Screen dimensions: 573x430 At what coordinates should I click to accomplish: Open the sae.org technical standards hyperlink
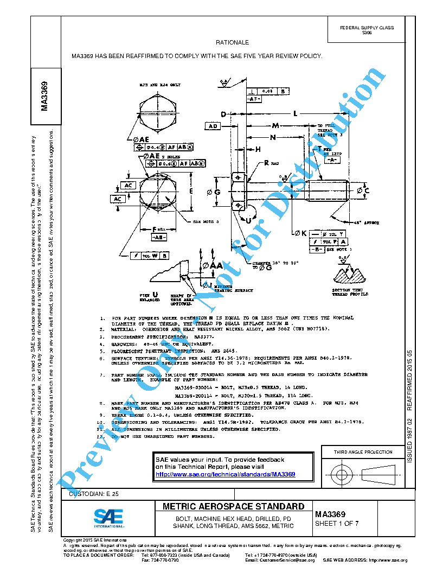pos(225,474)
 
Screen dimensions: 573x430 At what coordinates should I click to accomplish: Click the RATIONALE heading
pos(232,42)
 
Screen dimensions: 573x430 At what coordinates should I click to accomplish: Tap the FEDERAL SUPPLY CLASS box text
pos(367,30)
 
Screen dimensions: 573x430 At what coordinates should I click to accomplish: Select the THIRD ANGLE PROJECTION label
pos(363,452)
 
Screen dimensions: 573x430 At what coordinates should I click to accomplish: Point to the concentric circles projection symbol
pos(341,475)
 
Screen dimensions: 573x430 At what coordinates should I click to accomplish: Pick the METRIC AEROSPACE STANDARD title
pos(234,507)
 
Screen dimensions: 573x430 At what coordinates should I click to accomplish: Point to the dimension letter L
pos(295,113)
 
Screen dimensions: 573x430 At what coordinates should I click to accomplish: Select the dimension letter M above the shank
pos(275,125)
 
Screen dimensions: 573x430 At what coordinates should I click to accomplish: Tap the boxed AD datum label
pos(213,126)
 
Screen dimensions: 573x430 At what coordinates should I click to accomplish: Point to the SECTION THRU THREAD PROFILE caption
pos(350,292)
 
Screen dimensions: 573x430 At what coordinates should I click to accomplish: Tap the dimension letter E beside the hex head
pos(190,192)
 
